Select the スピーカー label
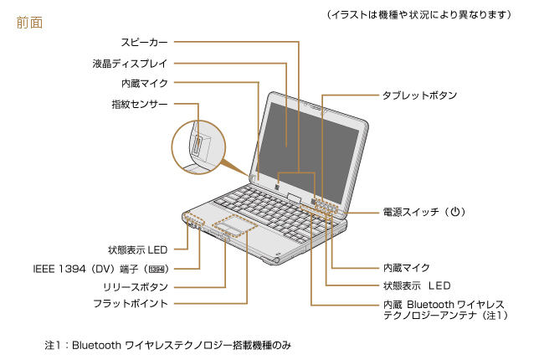[144, 41]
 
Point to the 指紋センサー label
[140, 104]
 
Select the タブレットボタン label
[420, 95]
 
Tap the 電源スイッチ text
[411, 213]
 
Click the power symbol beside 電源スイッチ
[455, 213]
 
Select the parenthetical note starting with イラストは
[419, 15]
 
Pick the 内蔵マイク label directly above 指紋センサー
[145, 83]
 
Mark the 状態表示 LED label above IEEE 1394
[137, 249]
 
